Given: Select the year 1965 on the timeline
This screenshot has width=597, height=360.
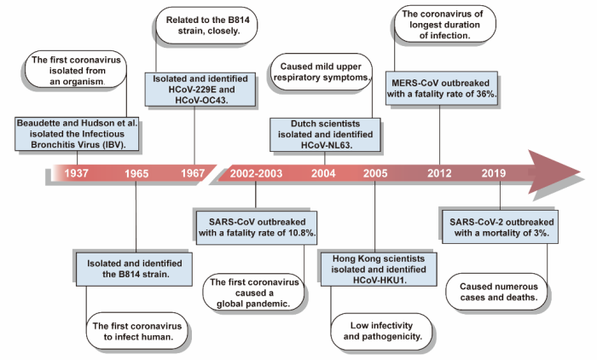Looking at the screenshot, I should tap(136, 174).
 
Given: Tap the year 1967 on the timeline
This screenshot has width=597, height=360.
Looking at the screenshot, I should tap(193, 174).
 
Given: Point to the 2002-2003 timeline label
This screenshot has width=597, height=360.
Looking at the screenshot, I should tap(256, 174).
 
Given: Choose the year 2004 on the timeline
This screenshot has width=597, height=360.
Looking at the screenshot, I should tap(323, 174).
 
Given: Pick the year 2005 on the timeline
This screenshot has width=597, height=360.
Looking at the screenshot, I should tap(375, 174).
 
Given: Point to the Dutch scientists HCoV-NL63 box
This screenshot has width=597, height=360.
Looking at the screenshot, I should tap(323, 133).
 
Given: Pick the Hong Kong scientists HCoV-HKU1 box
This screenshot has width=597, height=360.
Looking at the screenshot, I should tap(376, 270).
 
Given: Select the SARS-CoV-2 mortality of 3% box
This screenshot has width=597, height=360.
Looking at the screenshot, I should tap(500, 228).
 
